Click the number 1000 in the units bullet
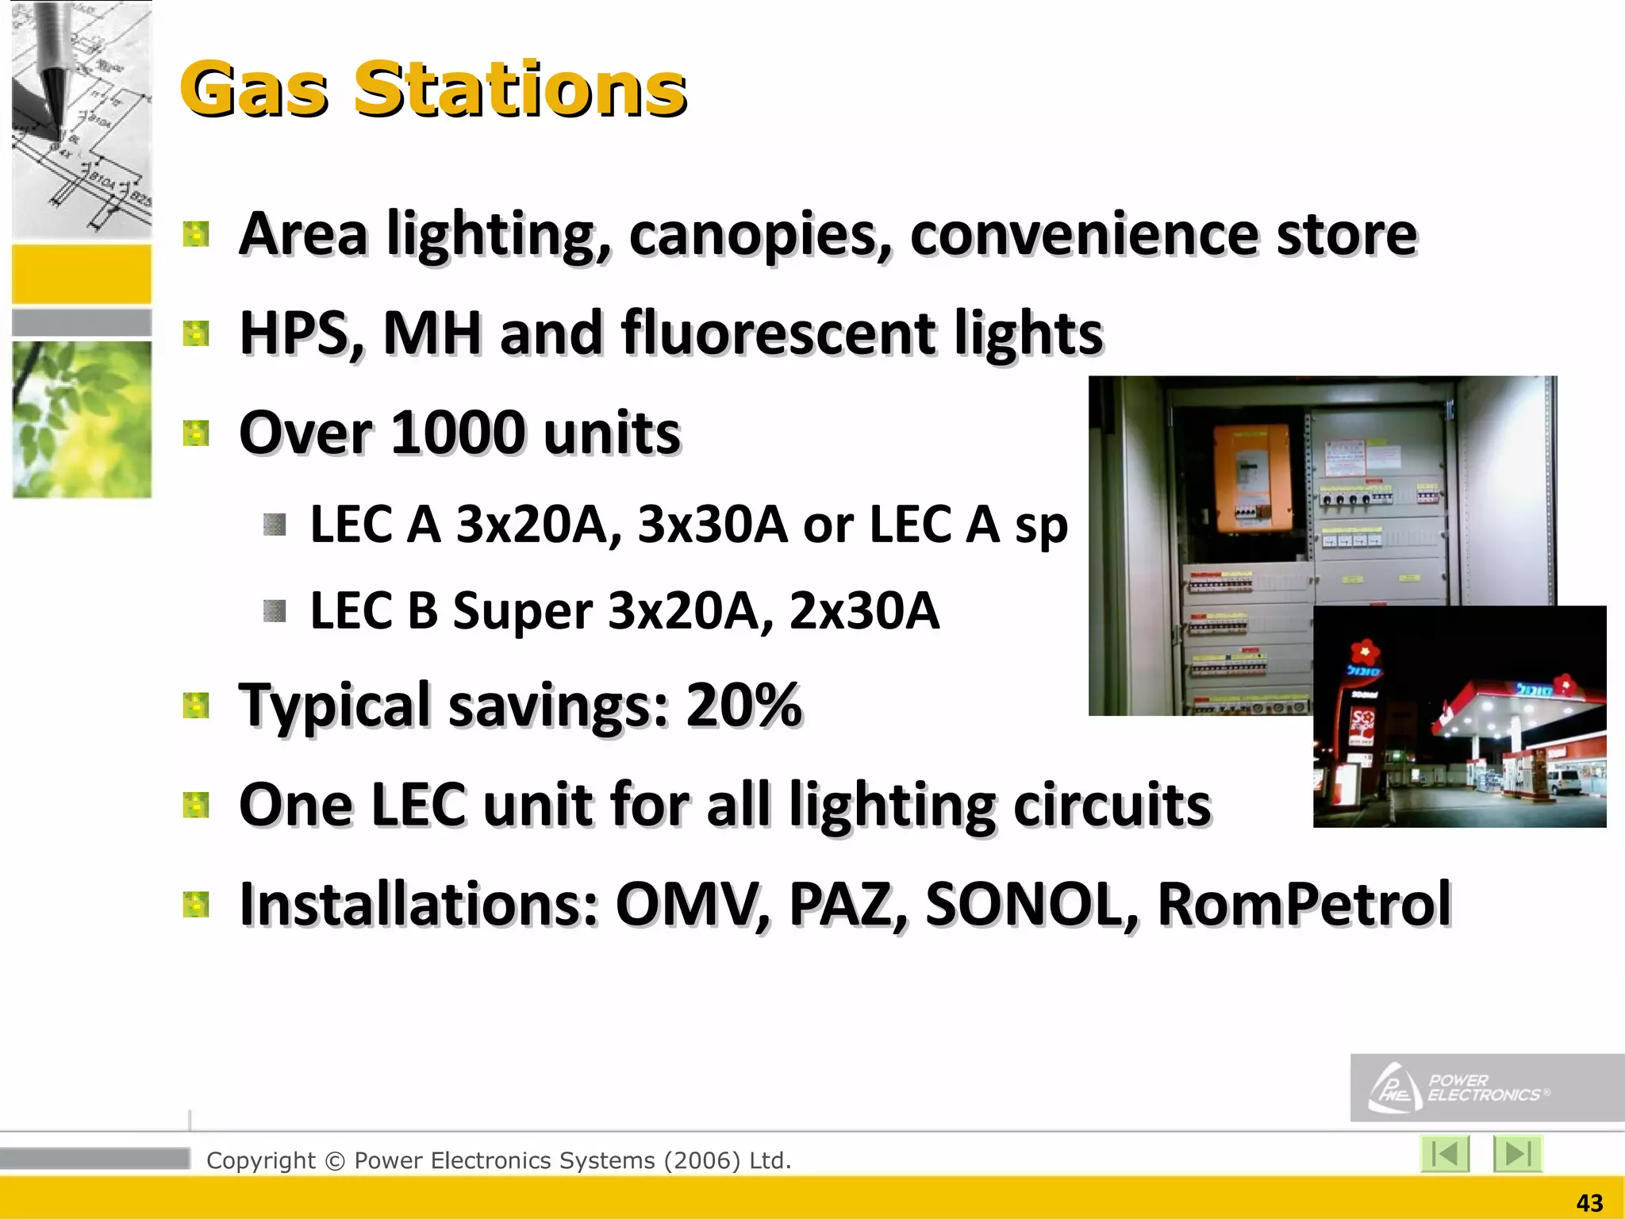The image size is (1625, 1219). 458,433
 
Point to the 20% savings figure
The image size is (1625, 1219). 743,705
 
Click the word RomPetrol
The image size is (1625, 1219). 1304,904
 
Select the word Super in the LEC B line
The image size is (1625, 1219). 522,612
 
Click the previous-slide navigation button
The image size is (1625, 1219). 1445,1153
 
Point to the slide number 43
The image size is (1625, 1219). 1589,1203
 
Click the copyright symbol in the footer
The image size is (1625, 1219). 335,1161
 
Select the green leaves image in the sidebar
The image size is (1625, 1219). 82,420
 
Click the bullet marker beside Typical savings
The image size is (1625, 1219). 195,705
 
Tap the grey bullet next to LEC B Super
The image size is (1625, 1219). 275,611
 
